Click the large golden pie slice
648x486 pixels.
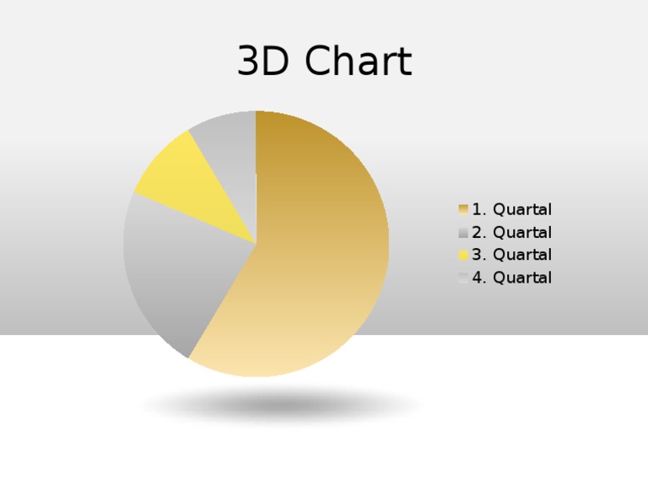321,253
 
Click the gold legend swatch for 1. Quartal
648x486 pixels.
463,209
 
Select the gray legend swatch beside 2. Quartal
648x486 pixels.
463,233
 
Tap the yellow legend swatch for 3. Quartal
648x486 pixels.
463,255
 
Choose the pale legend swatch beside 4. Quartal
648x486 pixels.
463,278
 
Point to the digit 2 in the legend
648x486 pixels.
478,233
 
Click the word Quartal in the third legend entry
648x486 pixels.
522,255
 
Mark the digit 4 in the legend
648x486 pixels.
478,278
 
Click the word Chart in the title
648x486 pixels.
359,62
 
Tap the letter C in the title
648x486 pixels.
318,62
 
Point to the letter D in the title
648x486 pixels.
279,62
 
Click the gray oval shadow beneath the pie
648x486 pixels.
283,406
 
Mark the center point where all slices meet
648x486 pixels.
256,244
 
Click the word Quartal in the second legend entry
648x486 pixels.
522,233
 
